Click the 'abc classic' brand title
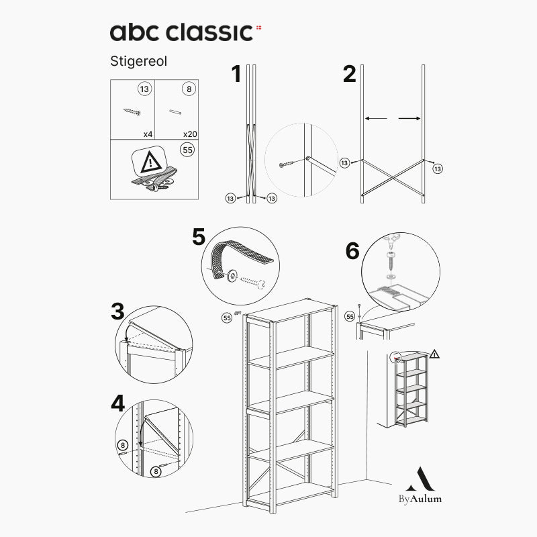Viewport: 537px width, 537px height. pos(181,32)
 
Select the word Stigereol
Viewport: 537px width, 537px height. pos(139,61)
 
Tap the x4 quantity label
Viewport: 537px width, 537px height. pos(148,134)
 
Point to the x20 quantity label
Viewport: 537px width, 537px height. pos(190,134)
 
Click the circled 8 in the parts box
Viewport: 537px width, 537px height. pos(189,89)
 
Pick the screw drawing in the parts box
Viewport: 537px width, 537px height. pos(132,111)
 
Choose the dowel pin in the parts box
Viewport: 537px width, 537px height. pos(175,111)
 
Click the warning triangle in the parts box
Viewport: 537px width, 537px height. pos(150,162)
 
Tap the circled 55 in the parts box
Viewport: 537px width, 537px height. pos(188,150)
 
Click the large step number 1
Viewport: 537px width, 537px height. pos(236,74)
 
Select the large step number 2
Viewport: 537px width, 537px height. pos(349,74)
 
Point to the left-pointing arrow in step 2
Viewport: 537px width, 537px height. pos(376,119)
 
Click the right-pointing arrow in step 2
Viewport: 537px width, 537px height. pos(409,119)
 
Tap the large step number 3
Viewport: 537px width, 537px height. pos(117,311)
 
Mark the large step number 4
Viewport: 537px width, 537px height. pos(118,403)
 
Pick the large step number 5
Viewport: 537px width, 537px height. pos(199,237)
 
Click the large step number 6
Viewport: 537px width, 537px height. pos(352,251)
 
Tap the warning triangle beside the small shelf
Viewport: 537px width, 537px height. pos(434,354)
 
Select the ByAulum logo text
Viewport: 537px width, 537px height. pos(420,499)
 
